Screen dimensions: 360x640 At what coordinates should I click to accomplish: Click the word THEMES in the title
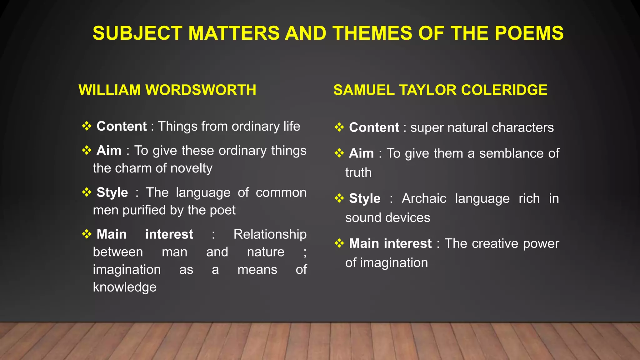coord(372,33)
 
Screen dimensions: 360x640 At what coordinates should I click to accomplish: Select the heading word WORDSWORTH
coord(201,90)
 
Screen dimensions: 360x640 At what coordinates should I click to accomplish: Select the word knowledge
coord(125,287)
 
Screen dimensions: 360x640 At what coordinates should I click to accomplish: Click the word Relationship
coord(270,234)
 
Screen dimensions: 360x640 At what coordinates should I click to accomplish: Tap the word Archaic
coord(424,198)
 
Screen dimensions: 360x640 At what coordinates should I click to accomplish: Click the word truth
coord(358,173)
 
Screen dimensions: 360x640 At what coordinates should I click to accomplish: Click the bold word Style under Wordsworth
coord(112,192)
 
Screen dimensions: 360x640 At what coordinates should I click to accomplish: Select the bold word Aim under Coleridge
coord(361,153)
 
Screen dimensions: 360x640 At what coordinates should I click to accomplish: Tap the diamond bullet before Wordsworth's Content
coord(87,126)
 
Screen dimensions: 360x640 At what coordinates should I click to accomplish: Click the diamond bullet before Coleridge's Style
coord(339,198)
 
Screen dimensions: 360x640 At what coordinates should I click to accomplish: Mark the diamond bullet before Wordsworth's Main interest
coord(87,234)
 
